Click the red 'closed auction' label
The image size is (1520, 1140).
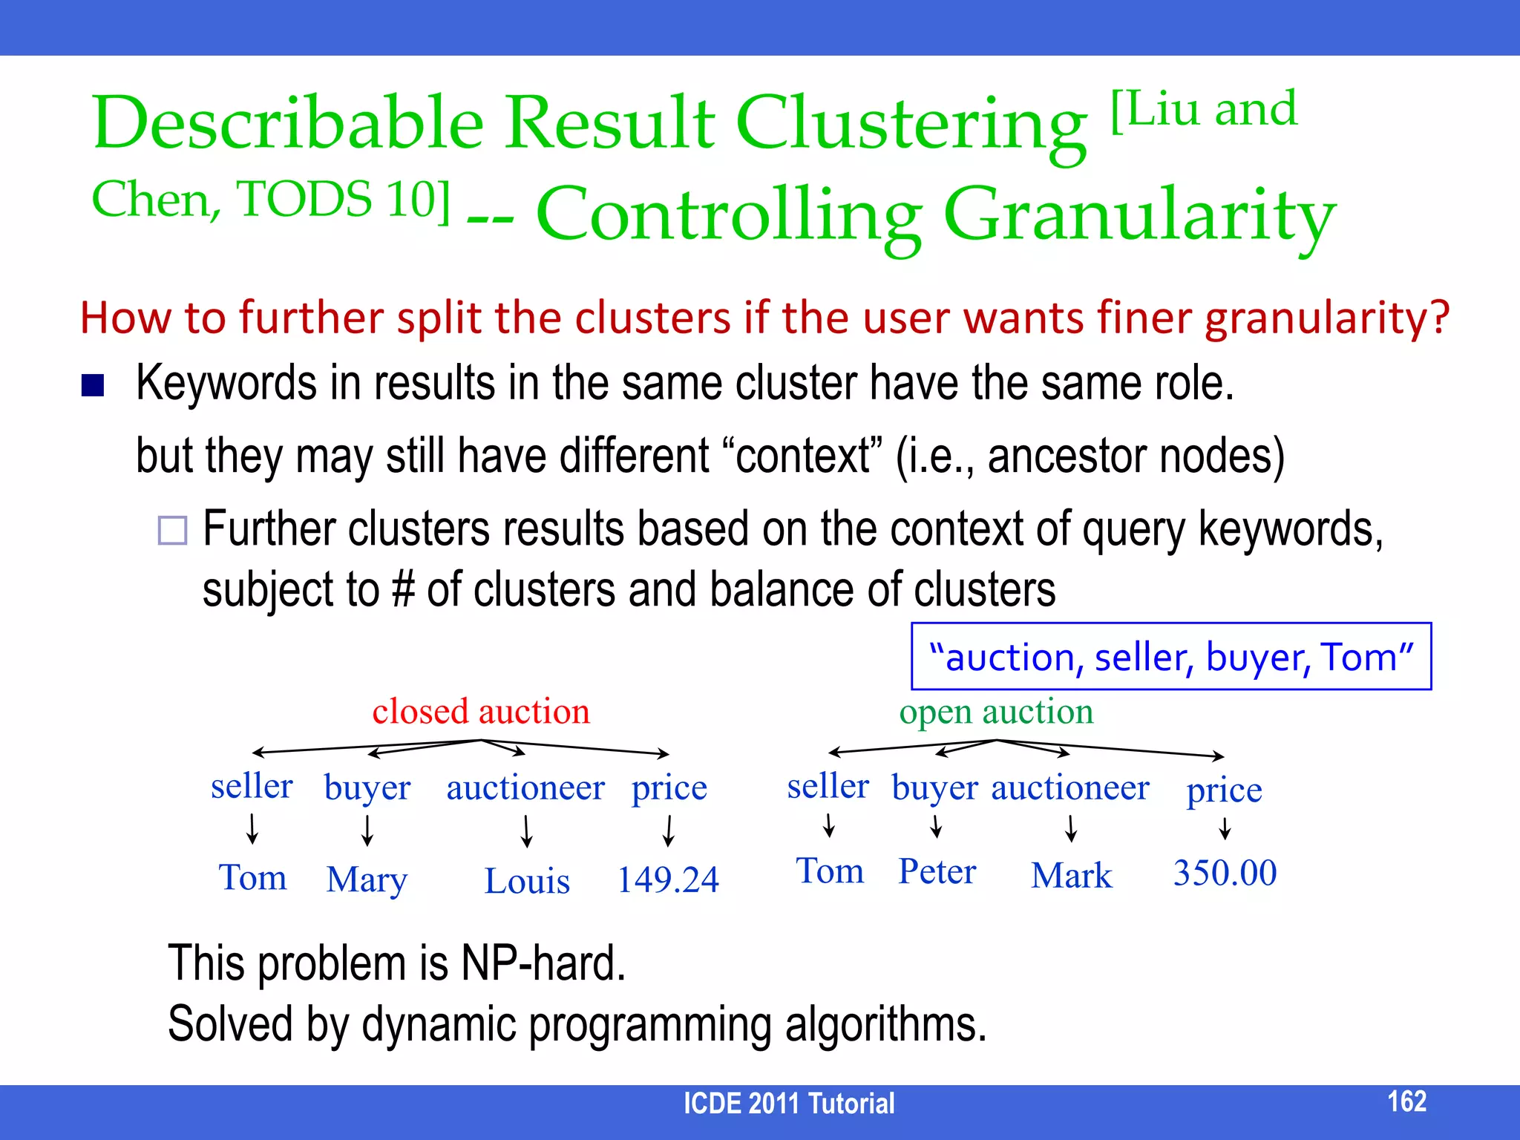481,711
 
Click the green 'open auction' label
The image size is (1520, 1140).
996,711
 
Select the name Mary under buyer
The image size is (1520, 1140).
367,880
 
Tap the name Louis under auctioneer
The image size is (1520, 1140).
527,882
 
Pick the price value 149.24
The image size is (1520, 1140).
668,880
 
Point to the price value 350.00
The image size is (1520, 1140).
1225,873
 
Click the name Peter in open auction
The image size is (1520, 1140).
937,871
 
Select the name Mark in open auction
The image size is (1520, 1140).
1072,876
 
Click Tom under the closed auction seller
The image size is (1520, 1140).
252,878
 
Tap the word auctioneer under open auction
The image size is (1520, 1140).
1070,787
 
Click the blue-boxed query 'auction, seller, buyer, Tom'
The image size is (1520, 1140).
1171,657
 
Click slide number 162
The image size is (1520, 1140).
1406,1101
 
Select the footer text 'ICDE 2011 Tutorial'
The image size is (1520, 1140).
788,1104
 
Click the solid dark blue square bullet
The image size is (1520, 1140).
93,385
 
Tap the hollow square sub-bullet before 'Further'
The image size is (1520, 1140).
172,531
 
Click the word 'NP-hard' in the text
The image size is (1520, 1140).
543,963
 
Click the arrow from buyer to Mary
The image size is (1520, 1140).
367,831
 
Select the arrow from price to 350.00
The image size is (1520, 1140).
1225,828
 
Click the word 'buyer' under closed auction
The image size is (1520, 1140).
367,788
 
